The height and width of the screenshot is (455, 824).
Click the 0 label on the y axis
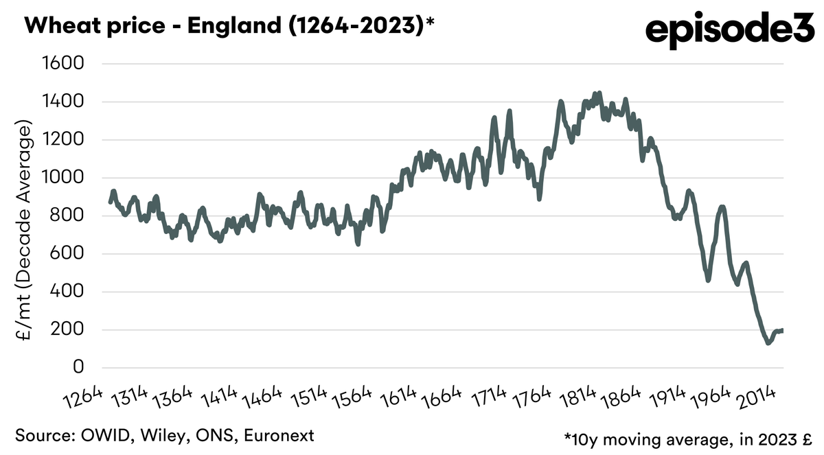[x=78, y=368]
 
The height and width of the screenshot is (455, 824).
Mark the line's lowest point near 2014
[x=768, y=342]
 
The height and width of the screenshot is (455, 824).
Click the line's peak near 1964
[x=722, y=206]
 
